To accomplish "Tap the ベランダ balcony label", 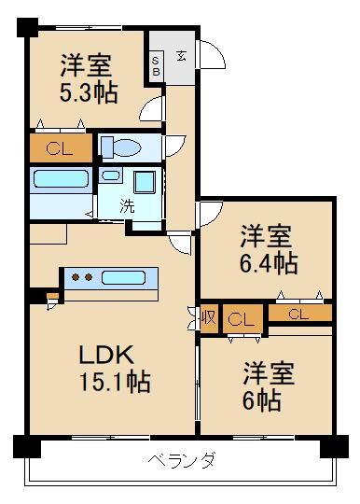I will coord(182,459).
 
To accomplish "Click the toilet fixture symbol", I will coord(118,147).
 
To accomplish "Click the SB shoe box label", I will coord(156,66).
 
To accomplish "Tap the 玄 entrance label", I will coord(181,57).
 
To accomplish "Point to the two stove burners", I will coord(83,277).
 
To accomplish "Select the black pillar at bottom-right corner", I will coord(333,447).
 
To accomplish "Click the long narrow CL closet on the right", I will coord(298,314).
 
